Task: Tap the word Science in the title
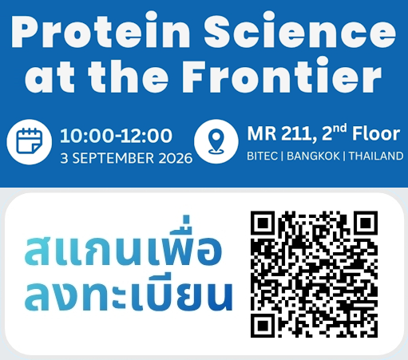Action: [x=300, y=30]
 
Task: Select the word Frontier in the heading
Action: [x=282, y=75]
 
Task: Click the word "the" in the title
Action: [x=129, y=76]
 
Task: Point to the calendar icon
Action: [x=30, y=141]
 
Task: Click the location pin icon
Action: [x=216, y=141]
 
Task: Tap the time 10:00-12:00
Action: [x=116, y=136]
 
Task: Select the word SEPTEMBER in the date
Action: [x=113, y=158]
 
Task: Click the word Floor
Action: [x=376, y=133]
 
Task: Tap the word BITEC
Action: [x=262, y=156]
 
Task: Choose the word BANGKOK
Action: [x=313, y=156]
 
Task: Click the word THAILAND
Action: [x=376, y=156]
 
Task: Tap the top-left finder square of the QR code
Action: [x=263, y=223]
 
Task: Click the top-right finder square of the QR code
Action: [x=366, y=223]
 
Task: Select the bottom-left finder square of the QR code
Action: [x=263, y=326]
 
